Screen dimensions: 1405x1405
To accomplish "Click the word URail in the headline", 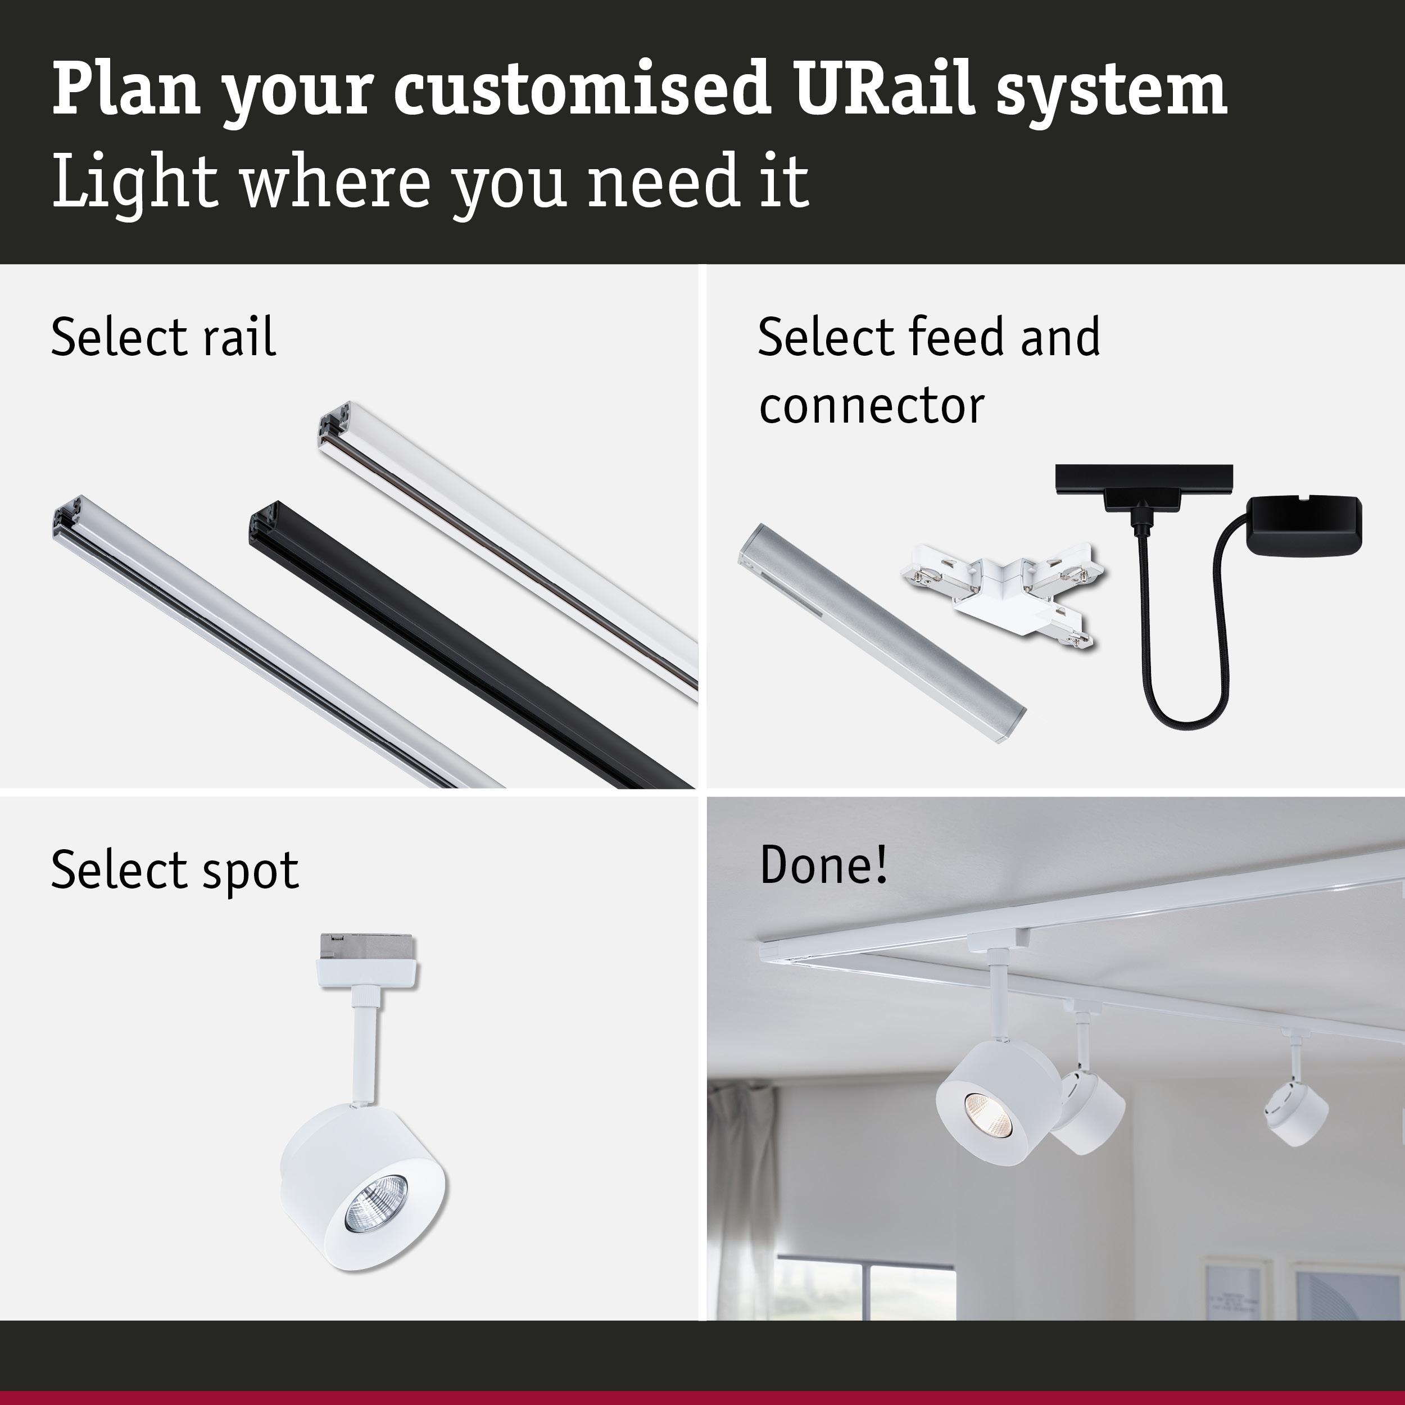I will (883, 89).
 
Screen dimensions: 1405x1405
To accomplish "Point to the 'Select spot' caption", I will (175, 870).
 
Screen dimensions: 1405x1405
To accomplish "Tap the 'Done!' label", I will (823, 865).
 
